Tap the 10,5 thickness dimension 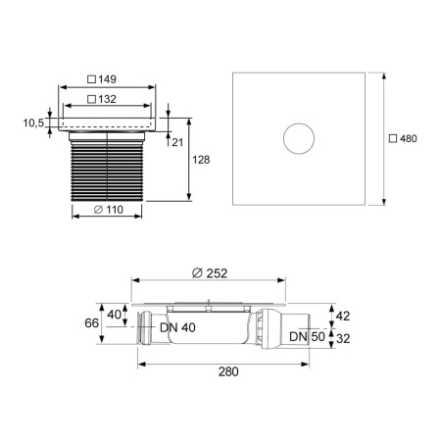point(33,122)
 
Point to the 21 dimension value point(176,143)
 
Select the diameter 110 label point(111,211)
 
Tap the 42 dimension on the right point(343,316)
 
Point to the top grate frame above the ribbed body point(111,123)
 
